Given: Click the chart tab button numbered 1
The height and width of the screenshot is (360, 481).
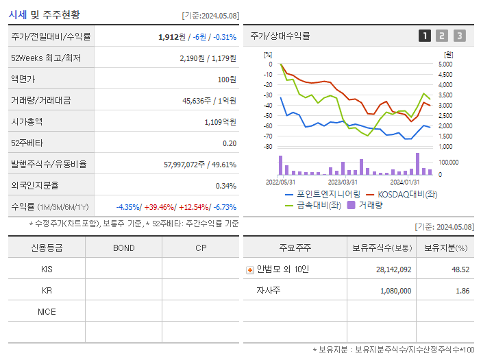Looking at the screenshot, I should click(x=425, y=36).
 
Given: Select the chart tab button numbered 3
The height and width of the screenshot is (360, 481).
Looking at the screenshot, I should click(x=459, y=36).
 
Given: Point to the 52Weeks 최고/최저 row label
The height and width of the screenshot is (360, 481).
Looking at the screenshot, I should click(x=46, y=58).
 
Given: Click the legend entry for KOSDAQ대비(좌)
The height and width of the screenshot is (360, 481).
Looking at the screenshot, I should click(x=402, y=194).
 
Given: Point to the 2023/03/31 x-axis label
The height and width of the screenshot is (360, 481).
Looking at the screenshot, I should click(x=343, y=182).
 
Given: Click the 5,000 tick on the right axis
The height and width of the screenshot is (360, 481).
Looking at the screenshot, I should click(x=445, y=64).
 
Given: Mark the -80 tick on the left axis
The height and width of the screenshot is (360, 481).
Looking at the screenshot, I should click(x=268, y=147).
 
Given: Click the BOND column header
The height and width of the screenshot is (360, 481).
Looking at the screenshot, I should click(x=123, y=248).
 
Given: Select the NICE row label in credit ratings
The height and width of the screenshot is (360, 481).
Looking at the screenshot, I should click(x=47, y=312).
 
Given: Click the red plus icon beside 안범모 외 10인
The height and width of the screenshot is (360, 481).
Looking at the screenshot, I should click(x=249, y=269).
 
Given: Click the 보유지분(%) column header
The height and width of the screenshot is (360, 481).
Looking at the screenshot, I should click(x=445, y=248).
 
